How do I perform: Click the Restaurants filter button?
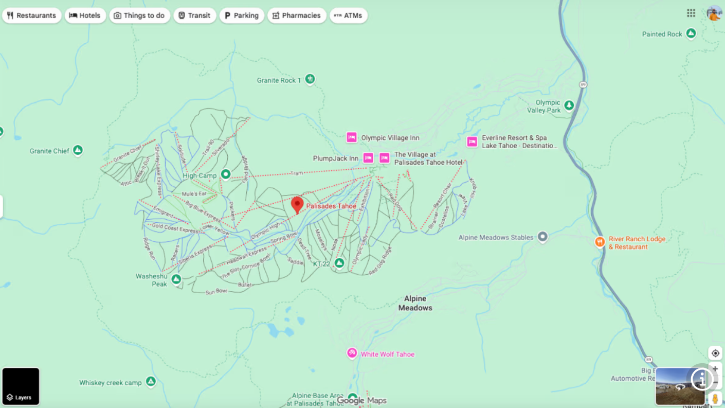[x=31, y=15]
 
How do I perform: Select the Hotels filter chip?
[x=85, y=15]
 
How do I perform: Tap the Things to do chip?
[x=139, y=15]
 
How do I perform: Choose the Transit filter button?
[x=194, y=15]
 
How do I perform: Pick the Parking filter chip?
[x=242, y=15]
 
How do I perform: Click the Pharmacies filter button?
[x=297, y=15]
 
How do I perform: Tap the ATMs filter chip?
[x=348, y=15]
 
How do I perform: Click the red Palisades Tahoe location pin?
[x=297, y=204]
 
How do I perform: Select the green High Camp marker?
[x=225, y=174]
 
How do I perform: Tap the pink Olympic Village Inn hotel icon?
[x=352, y=137]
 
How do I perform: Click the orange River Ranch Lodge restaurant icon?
[x=600, y=242]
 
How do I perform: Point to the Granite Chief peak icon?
[x=78, y=150]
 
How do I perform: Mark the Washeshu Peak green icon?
[x=176, y=279]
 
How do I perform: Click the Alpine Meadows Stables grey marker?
[x=542, y=237]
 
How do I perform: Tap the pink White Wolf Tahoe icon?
[x=352, y=353]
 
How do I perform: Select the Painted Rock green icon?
[x=691, y=33]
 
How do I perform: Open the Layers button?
[x=21, y=386]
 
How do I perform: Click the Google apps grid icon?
[x=691, y=13]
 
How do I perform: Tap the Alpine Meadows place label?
[x=415, y=303]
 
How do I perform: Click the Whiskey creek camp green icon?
[x=151, y=382]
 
